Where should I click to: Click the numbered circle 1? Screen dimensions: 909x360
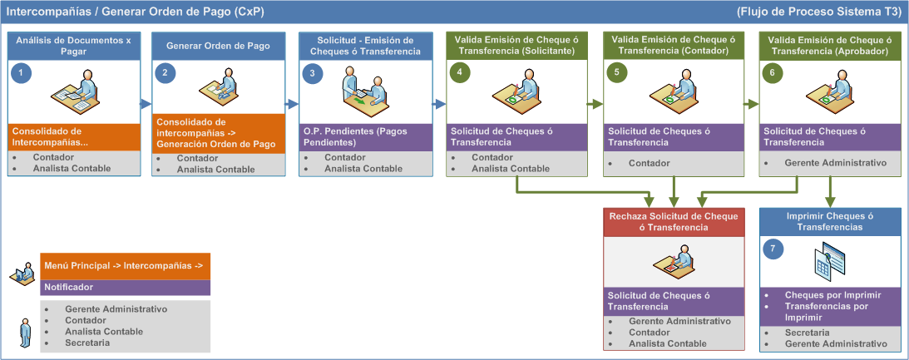[x=21, y=73]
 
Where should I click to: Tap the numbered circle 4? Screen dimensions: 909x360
[x=460, y=73]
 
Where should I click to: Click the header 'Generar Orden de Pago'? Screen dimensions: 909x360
[x=218, y=46]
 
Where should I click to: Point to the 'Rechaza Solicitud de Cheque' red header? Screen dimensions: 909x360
[x=674, y=222]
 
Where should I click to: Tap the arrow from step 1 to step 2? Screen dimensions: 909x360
[x=146, y=105]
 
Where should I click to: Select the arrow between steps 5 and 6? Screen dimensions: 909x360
[x=752, y=105]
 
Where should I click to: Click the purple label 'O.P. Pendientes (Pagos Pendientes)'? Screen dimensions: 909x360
[x=365, y=137]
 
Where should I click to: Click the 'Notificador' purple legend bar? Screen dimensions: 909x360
[x=126, y=287]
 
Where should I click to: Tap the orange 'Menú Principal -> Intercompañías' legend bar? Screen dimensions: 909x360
[x=126, y=267]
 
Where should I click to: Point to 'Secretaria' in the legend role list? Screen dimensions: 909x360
[x=87, y=343]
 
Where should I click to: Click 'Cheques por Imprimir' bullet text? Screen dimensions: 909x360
[x=833, y=295]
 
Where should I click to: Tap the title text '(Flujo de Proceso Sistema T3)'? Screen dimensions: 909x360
[x=818, y=12]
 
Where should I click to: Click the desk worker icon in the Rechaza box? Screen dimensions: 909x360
[x=674, y=261]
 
